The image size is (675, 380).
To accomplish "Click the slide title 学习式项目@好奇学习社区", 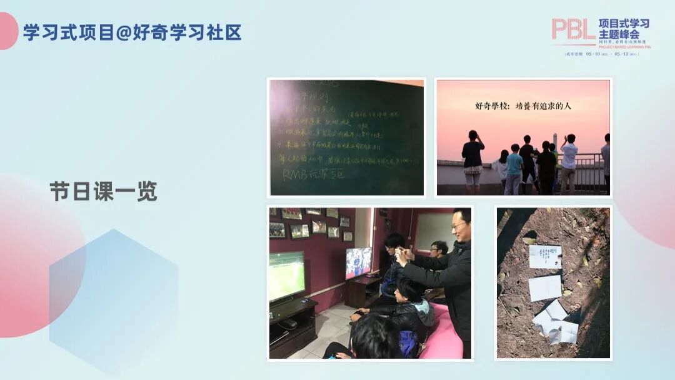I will (132, 33).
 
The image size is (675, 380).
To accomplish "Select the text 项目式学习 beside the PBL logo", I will (624, 24).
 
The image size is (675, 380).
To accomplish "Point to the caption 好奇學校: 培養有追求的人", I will (522, 106).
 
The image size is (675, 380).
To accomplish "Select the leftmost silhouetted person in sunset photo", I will (472, 160).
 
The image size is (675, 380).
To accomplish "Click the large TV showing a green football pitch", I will (287, 275).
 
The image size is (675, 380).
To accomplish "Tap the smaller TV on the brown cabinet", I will (358, 262).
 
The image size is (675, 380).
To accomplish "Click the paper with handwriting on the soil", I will (544, 256).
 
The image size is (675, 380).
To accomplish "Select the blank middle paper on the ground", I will (544, 287).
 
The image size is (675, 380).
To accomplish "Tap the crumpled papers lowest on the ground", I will (556, 323).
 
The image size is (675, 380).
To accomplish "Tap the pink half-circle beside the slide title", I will (7, 31).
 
